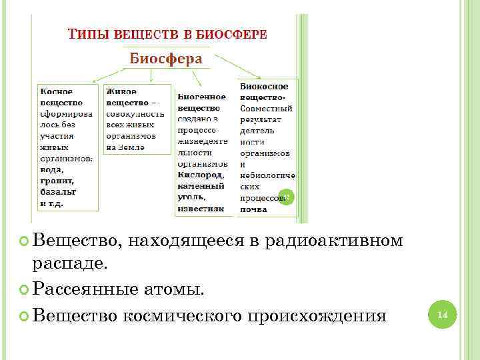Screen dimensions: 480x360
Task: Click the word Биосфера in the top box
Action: pos(165,58)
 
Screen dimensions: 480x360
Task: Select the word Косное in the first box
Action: pos(57,91)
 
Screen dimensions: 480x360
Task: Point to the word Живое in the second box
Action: pos(121,91)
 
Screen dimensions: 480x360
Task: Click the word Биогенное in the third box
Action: pos(201,97)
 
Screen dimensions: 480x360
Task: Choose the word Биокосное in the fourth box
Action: pos(264,86)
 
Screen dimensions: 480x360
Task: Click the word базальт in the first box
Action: pos(58,192)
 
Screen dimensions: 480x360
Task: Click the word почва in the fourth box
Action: pos(254,209)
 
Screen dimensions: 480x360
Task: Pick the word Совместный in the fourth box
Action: pos(267,108)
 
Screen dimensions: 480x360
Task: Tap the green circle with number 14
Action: pos(441,313)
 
